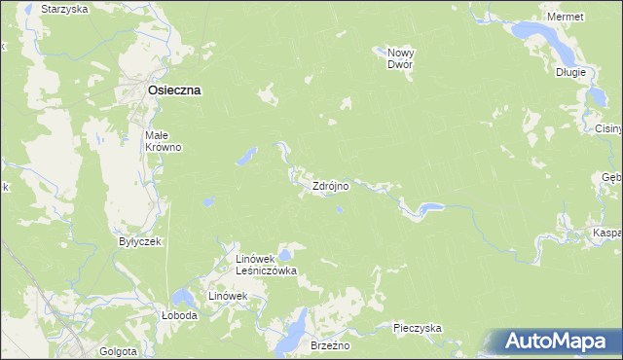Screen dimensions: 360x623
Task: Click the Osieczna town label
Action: pyautogui.click(x=174, y=90)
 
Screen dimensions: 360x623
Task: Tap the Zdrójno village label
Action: pyautogui.click(x=330, y=185)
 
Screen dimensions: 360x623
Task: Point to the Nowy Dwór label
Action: pyautogui.click(x=400, y=58)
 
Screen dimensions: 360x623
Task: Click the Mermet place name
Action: pyautogui.click(x=566, y=18)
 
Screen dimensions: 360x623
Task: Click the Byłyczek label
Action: pyautogui.click(x=139, y=240)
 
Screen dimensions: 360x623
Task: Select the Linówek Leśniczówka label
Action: pyautogui.click(x=267, y=265)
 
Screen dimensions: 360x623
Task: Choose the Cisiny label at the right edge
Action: pyautogui.click(x=607, y=128)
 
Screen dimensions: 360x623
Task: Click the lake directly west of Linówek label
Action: pyautogui.click(x=181, y=297)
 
